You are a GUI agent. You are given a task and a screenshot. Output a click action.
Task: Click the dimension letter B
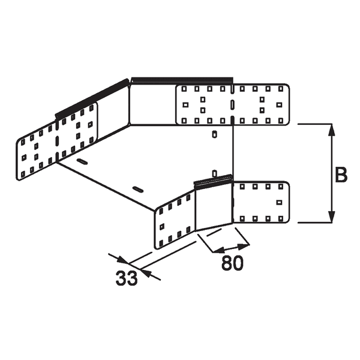(x=340, y=175)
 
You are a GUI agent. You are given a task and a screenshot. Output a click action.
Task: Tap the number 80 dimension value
(x=232, y=263)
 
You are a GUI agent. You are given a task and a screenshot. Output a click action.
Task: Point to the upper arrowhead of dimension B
(x=330, y=128)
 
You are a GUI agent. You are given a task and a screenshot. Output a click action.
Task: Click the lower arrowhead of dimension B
(x=330, y=217)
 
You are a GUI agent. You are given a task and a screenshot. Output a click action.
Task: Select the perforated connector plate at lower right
(x=261, y=202)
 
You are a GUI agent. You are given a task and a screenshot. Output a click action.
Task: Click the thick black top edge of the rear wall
(x=182, y=80)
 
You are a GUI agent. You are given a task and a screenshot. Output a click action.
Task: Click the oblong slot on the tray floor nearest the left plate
(x=82, y=162)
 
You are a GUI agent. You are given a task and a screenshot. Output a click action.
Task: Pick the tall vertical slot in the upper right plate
(x=231, y=104)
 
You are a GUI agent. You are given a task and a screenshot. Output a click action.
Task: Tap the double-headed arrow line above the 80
(x=232, y=248)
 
